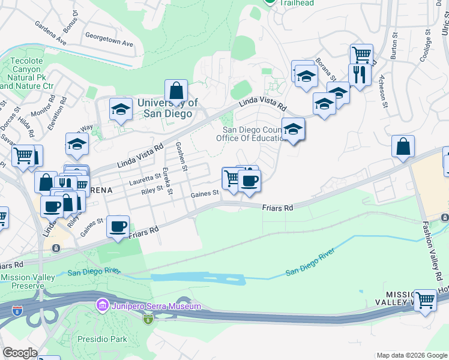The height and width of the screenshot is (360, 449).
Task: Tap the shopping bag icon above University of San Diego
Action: click(x=176, y=91)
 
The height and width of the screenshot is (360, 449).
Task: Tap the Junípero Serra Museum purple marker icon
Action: click(x=101, y=307)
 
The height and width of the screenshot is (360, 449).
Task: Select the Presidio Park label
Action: click(x=102, y=339)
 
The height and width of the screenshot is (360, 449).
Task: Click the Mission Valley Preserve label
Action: click(x=28, y=281)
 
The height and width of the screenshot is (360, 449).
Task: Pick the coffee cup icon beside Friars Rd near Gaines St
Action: click(x=118, y=227)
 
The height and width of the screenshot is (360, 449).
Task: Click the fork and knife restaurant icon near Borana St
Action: click(x=359, y=74)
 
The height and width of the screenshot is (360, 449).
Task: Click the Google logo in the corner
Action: click(x=20, y=353)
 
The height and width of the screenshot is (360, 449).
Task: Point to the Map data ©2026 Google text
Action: click(x=412, y=355)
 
